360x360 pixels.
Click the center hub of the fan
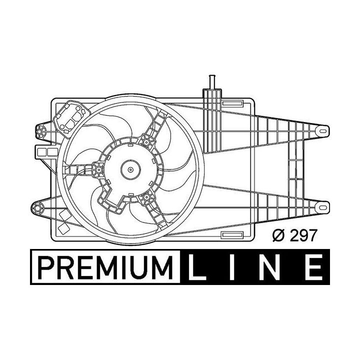click(131, 169)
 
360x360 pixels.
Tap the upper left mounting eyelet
click(40, 131)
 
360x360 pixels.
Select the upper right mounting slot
click(324, 131)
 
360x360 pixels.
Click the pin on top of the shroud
click(210, 81)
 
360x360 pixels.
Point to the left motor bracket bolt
click(98, 170)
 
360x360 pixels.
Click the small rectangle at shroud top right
click(230, 103)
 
